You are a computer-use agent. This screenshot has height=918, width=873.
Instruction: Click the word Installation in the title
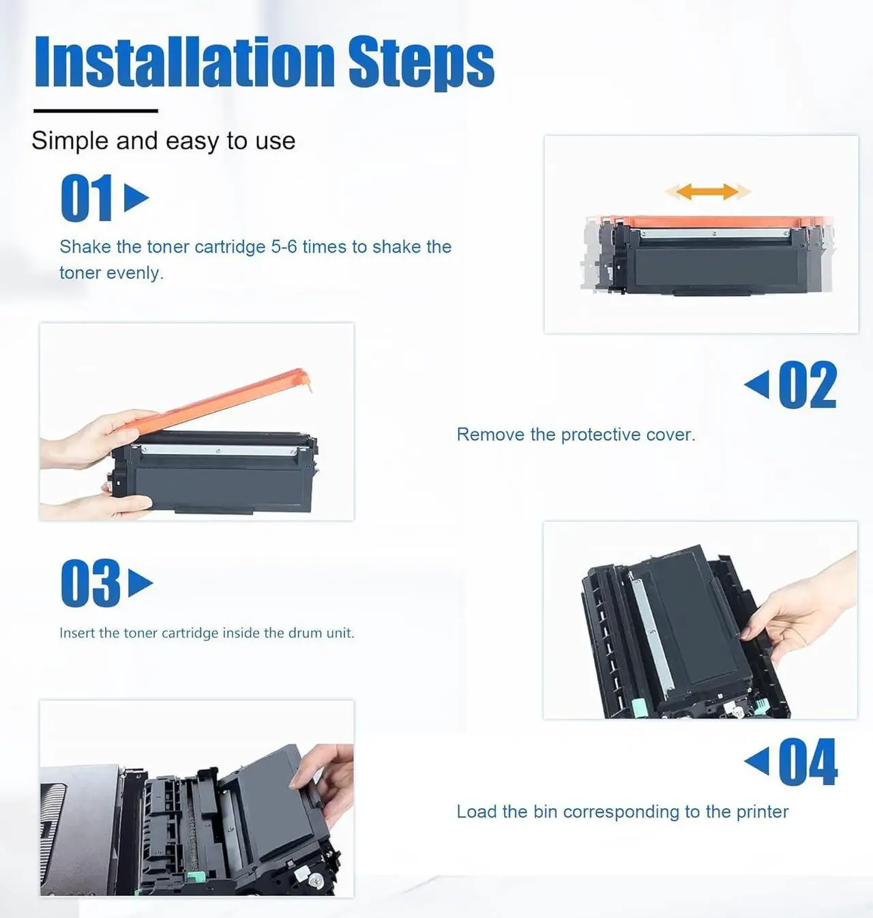tap(184, 61)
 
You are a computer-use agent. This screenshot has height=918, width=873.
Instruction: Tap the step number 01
tap(87, 197)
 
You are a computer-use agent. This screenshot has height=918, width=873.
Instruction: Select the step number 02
tap(808, 385)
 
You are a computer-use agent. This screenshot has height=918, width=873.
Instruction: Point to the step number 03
tap(91, 583)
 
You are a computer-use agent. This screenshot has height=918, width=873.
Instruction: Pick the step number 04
tap(808, 762)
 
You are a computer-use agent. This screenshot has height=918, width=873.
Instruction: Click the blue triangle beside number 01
tap(136, 197)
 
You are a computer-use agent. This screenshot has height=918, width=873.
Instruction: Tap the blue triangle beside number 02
tap(757, 384)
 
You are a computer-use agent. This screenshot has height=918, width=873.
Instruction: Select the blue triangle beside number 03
tap(140, 583)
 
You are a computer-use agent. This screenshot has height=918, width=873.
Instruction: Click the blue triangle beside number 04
tap(757, 760)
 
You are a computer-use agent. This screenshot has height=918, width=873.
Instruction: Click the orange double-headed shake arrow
tap(707, 191)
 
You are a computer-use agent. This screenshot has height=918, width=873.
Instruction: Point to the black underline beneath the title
tap(95, 111)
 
